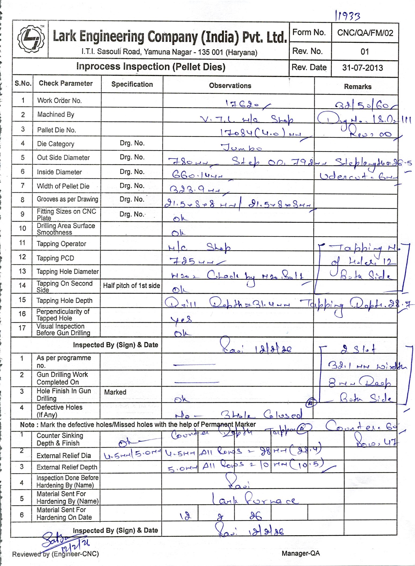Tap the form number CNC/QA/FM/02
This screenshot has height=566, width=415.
click(365, 33)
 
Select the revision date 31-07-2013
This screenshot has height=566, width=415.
click(362, 68)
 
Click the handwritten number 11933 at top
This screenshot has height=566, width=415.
click(347, 16)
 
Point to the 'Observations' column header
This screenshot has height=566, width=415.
click(230, 86)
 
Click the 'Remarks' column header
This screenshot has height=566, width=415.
click(358, 87)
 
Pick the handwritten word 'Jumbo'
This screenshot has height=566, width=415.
click(241, 147)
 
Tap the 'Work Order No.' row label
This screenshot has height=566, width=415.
click(59, 101)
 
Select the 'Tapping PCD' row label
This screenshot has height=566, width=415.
click(55, 258)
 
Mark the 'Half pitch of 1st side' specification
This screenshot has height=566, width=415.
click(131, 286)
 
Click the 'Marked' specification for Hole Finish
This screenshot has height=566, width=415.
click(115, 392)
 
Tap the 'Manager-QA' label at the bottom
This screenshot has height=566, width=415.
click(301, 553)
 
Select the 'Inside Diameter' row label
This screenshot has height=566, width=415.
click(59, 172)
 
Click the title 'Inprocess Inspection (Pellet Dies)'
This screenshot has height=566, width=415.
click(151, 66)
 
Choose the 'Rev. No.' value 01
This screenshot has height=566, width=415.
click(365, 51)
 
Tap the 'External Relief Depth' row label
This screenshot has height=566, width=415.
click(67, 467)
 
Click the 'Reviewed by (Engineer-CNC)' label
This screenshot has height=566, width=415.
click(55, 554)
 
